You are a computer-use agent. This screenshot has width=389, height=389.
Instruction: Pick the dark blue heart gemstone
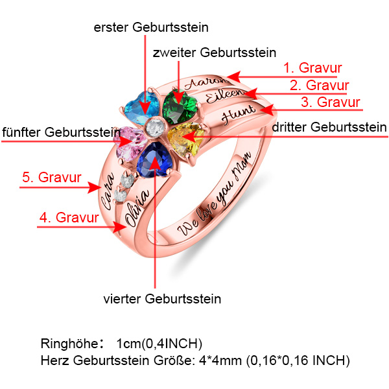tap(156, 161)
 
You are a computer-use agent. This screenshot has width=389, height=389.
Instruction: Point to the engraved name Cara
tap(106, 189)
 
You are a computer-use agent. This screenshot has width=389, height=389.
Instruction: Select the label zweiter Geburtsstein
tap(214, 52)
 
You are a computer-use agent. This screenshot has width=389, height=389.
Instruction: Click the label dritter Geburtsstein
tap(329, 127)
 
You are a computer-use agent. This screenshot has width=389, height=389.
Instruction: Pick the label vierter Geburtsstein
tap(162, 299)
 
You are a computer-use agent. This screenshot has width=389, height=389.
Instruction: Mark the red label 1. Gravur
tap(312, 67)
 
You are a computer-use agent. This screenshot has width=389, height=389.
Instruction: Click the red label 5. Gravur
tap(52, 176)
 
